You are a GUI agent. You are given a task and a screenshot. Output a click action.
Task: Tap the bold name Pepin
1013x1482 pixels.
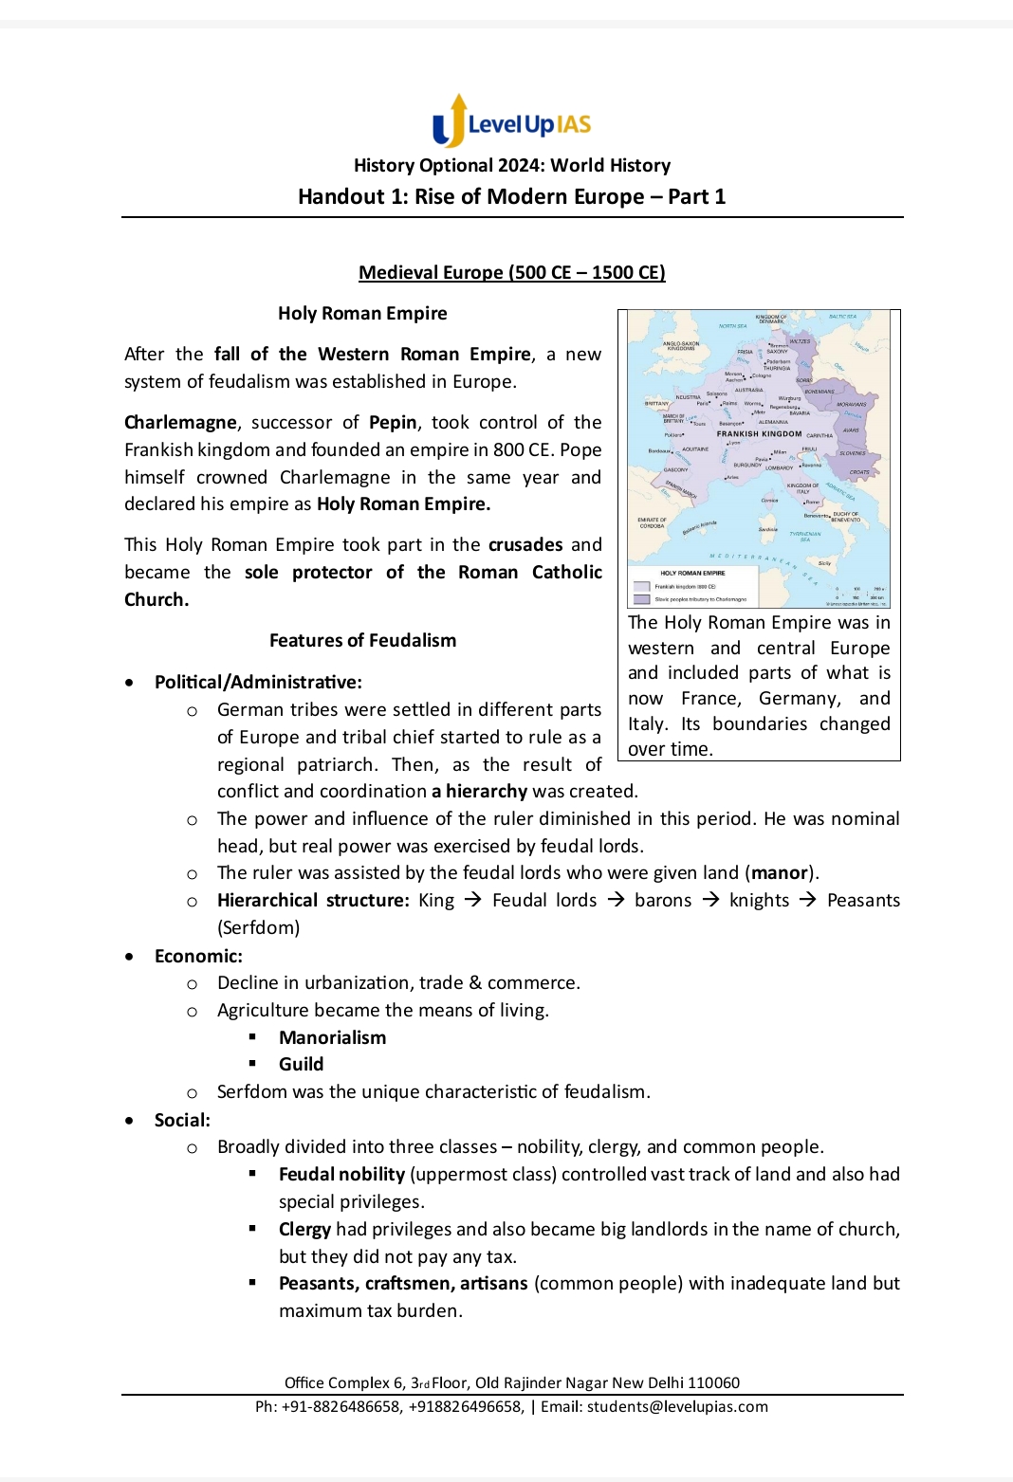click(393, 422)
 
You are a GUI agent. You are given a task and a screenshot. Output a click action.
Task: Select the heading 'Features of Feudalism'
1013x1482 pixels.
click(362, 640)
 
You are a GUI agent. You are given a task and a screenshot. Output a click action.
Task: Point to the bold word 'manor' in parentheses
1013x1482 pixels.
click(779, 872)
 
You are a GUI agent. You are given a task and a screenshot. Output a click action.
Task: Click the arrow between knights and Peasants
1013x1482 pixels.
click(808, 900)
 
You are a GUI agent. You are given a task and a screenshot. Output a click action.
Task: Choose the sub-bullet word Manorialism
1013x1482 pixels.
click(332, 1037)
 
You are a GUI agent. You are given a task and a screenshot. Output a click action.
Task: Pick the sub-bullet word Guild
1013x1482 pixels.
click(301, 1064)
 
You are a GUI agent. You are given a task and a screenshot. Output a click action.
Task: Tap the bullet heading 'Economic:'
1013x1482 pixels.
click(198, 956)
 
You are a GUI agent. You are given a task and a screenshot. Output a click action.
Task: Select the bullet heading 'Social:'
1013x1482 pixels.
click(182, 1120)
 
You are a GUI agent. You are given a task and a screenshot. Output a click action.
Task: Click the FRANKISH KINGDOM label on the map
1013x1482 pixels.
click(759, 433)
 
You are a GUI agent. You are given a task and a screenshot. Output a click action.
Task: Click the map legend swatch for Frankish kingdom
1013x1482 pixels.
click(642, 587)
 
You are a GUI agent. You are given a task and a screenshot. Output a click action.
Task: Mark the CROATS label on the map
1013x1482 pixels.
click(859, 472)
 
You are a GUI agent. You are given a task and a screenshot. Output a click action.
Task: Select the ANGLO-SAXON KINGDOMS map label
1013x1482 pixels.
click(681, 346)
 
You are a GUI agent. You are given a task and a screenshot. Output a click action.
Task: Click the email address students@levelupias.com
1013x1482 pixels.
click(677, 1406)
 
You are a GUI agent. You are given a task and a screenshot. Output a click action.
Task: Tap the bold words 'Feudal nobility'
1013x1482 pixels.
click(341, 1174)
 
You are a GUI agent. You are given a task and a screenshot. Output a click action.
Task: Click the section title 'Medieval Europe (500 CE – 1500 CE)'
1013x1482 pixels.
click(511, 272)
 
